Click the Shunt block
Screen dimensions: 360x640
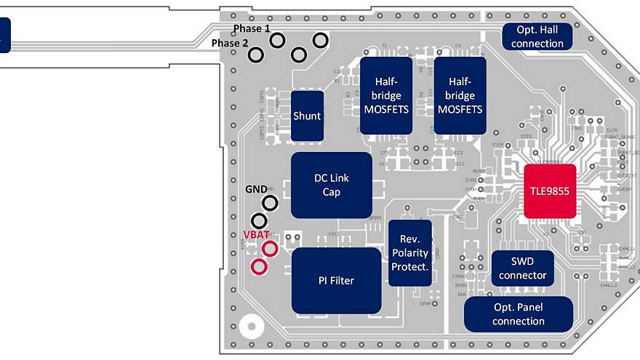coord(307,116)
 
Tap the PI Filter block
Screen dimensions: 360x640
coord(336,280)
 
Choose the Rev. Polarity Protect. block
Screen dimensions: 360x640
coord(409,253)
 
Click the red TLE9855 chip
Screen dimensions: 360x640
coord(550,191)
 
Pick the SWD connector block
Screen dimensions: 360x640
coord(522,268)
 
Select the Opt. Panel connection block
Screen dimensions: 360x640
coord(518,314)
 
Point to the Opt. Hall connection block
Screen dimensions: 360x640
coord(537,37)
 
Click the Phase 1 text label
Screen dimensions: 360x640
coord(252,28)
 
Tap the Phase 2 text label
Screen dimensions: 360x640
coord(230,44)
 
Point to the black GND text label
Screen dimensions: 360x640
coord(256,189)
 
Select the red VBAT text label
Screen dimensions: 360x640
coord(256,235)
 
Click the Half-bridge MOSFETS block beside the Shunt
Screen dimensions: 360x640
coord(386,95)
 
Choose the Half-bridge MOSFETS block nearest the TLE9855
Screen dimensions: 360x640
coord(460,95)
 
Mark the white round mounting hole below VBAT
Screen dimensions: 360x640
coord(252,327)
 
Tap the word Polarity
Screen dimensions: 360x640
coord(409,253)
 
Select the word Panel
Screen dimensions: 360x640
coord(529,308)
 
